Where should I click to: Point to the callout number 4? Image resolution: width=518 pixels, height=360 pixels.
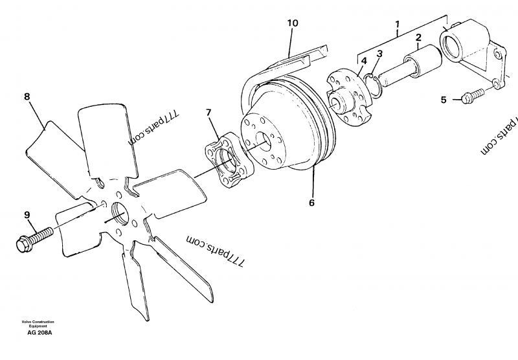365,61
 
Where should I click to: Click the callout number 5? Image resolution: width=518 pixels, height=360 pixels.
444,100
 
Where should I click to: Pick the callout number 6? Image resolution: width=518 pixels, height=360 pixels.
311,202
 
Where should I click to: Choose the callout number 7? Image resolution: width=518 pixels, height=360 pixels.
208,113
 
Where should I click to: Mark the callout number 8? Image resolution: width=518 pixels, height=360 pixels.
27,97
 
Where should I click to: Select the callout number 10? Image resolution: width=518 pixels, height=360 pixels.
293,23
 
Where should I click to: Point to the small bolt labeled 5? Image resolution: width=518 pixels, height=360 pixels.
473,95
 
